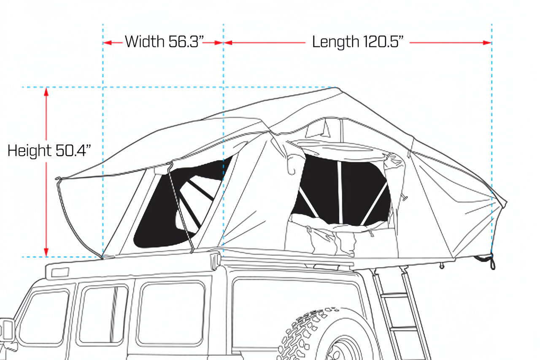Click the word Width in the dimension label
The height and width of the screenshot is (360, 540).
[144, 42]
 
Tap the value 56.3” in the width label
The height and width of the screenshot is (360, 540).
[184, 42]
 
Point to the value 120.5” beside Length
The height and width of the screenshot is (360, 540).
[383, 42]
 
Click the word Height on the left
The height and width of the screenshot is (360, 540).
[29, 151]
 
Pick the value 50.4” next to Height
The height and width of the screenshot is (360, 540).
[73, 151]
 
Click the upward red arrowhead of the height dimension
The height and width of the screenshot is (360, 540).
[46, 91]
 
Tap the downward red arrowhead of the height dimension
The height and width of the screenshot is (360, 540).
[46, 252]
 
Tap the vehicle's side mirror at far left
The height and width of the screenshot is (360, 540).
[7, 331]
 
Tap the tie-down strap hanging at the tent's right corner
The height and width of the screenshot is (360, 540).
[492, 262]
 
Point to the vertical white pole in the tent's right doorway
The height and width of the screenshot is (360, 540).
[339, 192]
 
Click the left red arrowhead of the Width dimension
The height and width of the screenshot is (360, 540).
[107, 43]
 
